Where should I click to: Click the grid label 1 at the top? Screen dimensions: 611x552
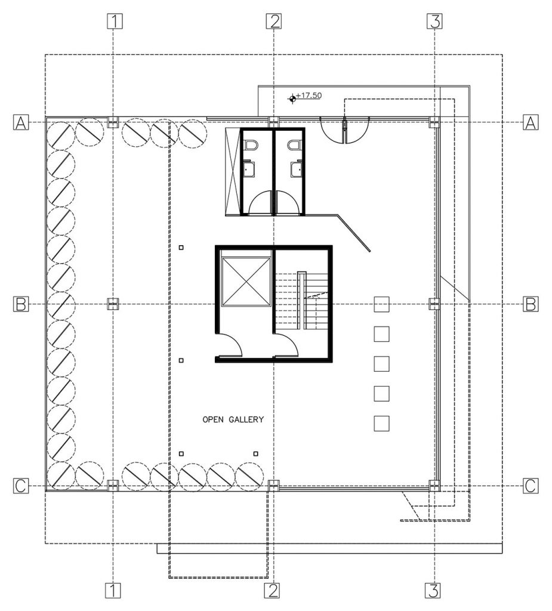click(113, 21)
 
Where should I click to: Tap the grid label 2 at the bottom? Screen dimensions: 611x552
click(273, 591)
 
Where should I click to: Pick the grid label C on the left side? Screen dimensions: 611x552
click(21, 486)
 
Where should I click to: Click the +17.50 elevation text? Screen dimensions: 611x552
click(309, 95)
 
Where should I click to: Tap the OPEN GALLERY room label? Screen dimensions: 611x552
click(233, 419)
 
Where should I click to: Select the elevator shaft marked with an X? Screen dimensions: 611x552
click(245, 279)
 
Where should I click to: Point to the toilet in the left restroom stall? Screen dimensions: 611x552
click(250, 145)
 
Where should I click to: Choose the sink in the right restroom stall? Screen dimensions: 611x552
click(295, 171)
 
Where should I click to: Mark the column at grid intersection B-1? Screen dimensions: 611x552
click(113, 304)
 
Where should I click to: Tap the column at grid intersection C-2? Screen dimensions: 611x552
click(273, 485)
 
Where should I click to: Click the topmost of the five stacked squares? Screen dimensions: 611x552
click(381, 304)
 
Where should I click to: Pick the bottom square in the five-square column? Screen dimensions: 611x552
click(381, 423)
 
